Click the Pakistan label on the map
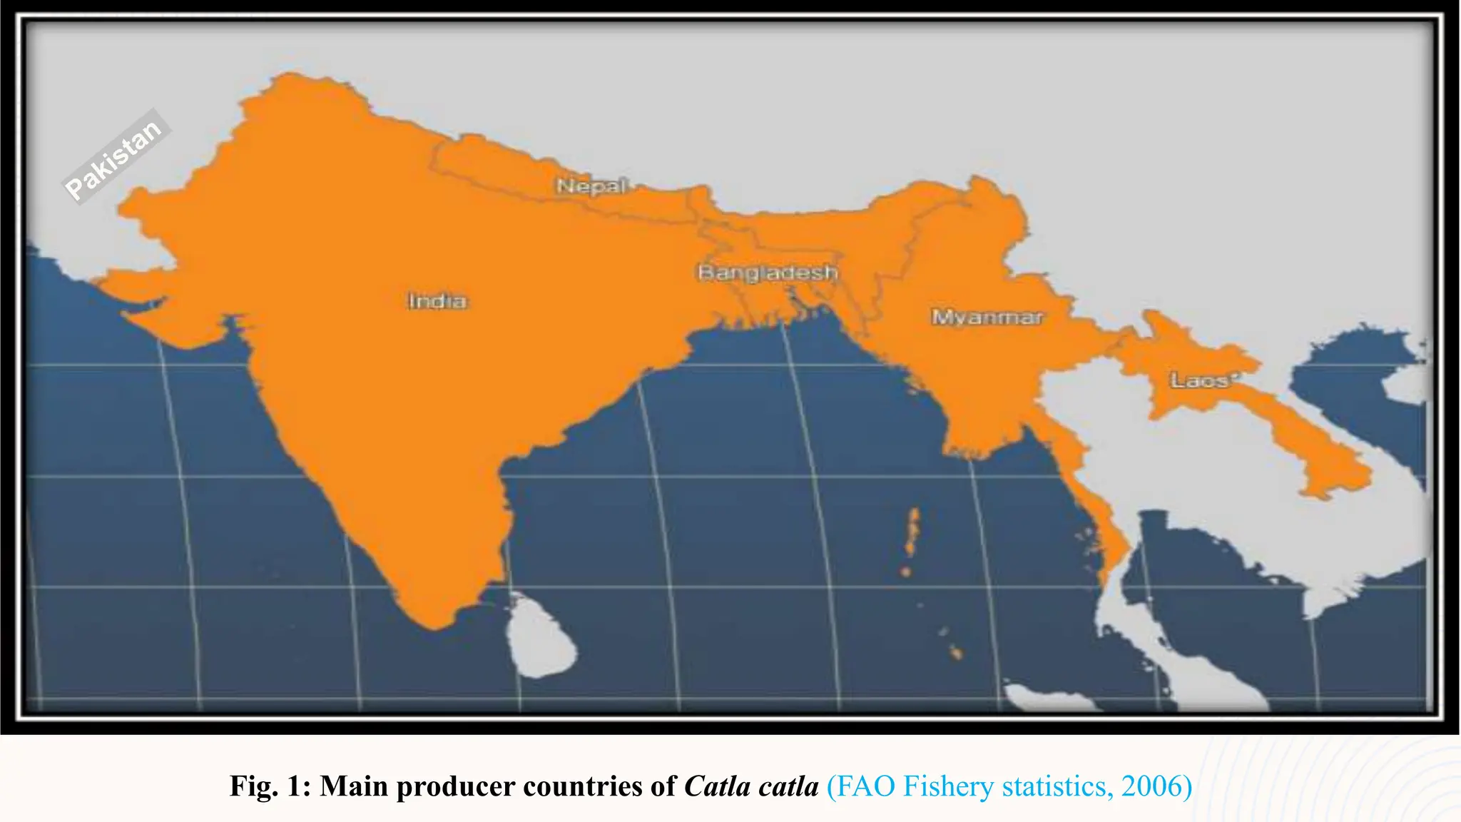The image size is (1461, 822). [114, 158]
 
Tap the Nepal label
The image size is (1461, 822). [591, 186]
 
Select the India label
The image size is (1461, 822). [437, 301]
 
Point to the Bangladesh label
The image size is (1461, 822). [768, 273]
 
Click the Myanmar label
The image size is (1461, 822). [987, 317]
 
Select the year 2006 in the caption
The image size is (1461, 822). [1151, 786]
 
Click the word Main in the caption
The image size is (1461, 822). [354, 786]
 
